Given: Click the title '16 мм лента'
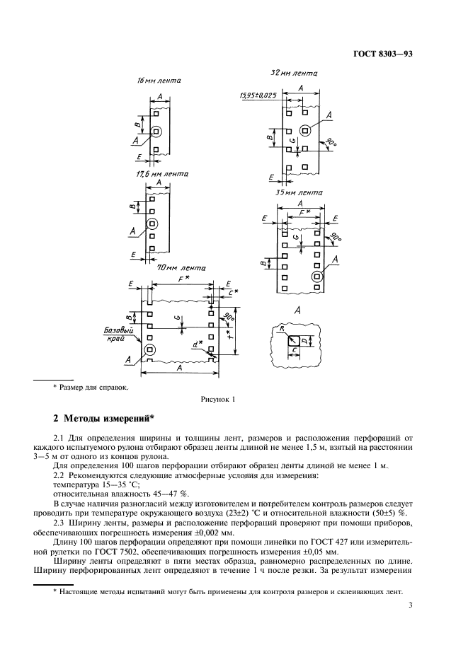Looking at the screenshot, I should (159, 81).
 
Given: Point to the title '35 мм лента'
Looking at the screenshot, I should (297, 192).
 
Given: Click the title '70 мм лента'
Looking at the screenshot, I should (182, 269).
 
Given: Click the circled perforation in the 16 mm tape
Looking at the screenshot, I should (156, 131).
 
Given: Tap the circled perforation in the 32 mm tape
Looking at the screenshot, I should (304, 129).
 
